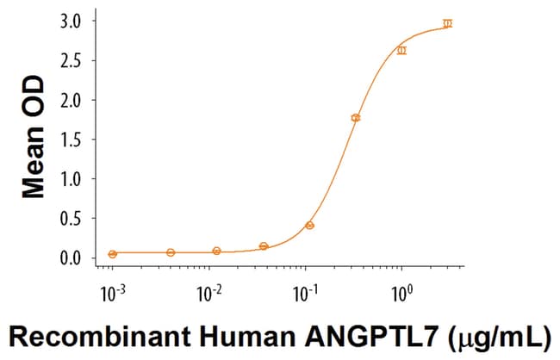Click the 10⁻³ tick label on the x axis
coord(111,292)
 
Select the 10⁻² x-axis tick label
coord(208,292)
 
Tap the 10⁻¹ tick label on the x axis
coord(304,292)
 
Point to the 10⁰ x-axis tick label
coord(401,292)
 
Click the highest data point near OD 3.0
coord(447,23)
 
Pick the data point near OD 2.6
coord(401,50)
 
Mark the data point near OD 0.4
coord(309,226)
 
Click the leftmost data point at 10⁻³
coord(112,254)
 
